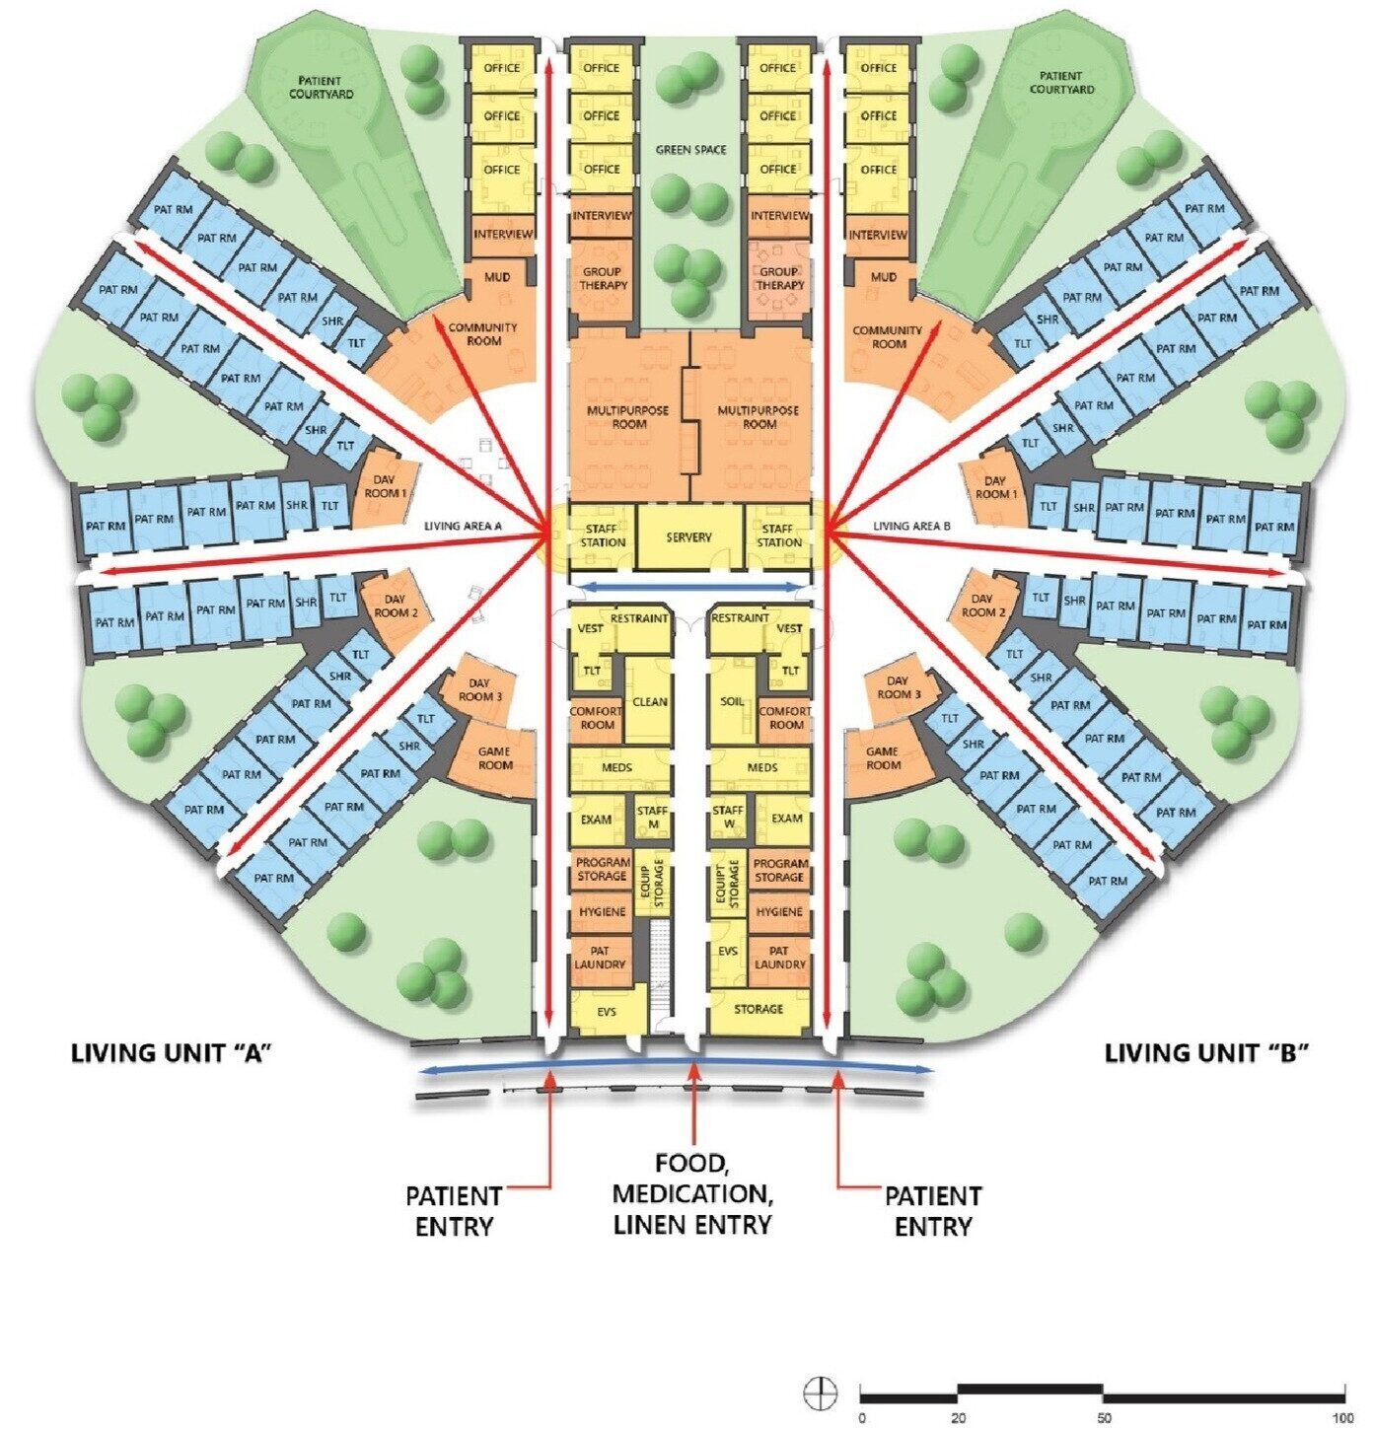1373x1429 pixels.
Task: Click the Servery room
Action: point(689,536)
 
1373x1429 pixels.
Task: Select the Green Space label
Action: point(690,150)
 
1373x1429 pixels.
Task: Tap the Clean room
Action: point(649,701)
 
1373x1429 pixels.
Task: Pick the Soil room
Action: point(732,701)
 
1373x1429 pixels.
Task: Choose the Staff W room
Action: point(728,816)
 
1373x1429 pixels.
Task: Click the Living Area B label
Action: point(911,526)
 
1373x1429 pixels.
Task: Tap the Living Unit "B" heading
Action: point(1207,1054)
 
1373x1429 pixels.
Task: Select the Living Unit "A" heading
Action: point(172,1054)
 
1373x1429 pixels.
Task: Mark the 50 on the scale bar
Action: point(1104,1418)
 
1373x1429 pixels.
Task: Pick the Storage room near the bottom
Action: point(759,1010)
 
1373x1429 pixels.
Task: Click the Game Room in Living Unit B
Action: point(882,758)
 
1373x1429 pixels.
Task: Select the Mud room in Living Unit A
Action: point(497,277)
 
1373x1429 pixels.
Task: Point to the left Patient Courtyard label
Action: point(321,86)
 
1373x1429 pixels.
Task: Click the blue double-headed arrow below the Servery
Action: point(689,587)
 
